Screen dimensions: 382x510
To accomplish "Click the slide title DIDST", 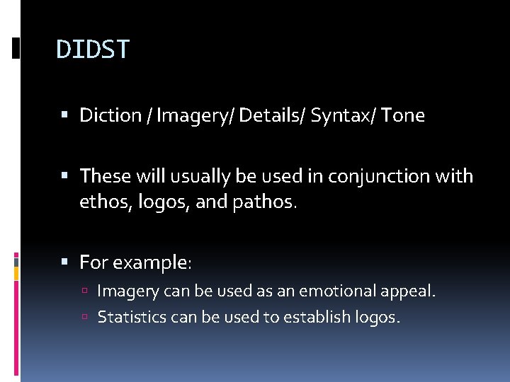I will tap(93, 50).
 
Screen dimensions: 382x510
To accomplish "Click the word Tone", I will tap(402, 115).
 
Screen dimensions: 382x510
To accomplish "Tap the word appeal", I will tap(411, 291).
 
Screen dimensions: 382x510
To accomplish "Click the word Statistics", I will tap(132, 317).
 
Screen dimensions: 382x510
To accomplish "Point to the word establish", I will tap(317, 317).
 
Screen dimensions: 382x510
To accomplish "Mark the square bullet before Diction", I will tap(64, 115).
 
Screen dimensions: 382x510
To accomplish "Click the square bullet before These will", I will tap(64, 175).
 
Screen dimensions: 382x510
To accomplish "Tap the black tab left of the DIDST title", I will tap(16, 48).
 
